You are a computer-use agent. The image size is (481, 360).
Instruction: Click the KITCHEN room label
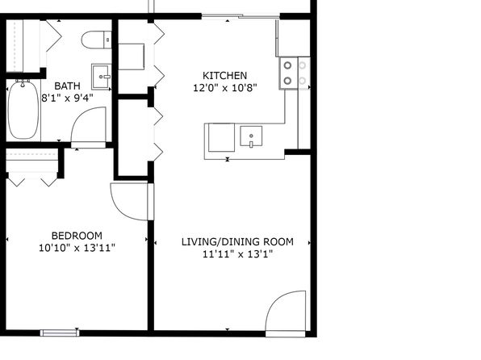click(225, 76)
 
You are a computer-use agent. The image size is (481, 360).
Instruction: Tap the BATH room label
click(68, 86)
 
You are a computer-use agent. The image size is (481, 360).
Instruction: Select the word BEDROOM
click(77, 236)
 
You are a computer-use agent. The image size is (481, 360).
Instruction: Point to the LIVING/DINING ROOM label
click(237, 242)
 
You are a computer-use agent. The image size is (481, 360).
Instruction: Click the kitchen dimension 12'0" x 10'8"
click(225, 88)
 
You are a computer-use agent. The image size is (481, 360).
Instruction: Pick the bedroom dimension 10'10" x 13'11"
click(77, 248)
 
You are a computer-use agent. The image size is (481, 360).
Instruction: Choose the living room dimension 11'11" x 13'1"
click(237, 254)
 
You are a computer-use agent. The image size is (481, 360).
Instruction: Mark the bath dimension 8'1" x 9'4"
click(68, 98)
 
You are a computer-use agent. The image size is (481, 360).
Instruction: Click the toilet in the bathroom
click(97, 40)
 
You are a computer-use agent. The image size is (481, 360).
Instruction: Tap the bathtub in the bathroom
click(23, 110)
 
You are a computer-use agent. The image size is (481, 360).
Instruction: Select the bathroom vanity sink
click(101, 77)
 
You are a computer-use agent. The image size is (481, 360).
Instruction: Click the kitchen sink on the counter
click(251, 136)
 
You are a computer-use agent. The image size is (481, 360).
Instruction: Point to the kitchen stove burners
click(295, 73)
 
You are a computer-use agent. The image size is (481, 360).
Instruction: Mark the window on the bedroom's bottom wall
click(60, 333)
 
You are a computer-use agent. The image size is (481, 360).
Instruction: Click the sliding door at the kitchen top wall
click(240, 16)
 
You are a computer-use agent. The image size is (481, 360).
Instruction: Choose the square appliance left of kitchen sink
click(221, 137)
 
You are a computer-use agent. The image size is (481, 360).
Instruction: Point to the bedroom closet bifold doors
click(32, 179)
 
